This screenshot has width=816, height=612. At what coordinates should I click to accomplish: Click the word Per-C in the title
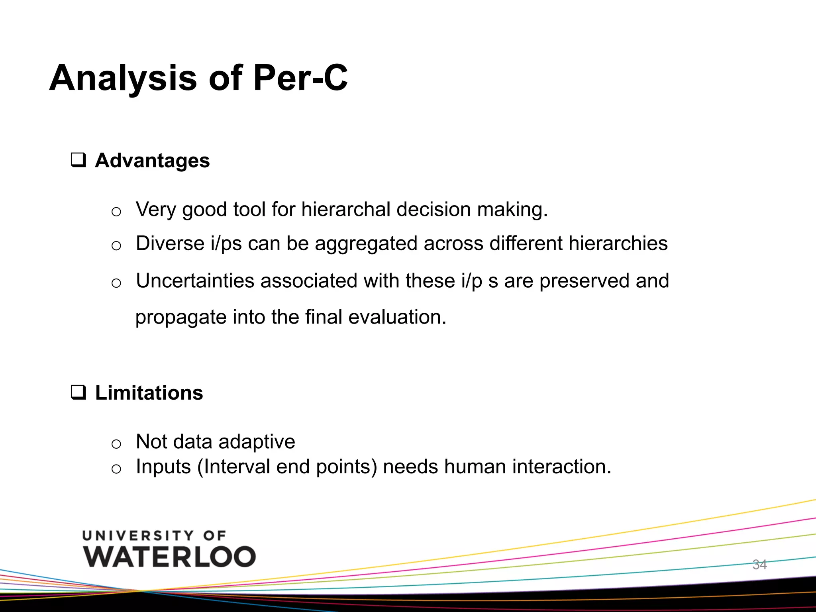(300, 78)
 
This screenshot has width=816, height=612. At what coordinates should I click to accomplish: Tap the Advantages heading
(152, 161)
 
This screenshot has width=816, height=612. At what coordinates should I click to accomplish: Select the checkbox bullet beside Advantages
(78, 160)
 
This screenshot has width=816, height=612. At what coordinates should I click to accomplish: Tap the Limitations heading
(149, 393)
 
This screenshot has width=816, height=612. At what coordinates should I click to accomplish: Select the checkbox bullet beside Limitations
(78, 392)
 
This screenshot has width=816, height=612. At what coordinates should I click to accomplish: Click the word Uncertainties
(195, 280)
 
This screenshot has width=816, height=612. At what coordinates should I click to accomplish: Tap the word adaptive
(257, 441)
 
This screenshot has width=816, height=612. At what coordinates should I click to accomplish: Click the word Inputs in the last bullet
(163, 467)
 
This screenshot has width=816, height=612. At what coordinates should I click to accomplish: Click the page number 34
(759, 565)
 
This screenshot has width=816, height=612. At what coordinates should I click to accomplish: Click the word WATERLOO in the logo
(169, 557)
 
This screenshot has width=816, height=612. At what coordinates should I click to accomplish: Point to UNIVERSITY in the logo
(138, 535)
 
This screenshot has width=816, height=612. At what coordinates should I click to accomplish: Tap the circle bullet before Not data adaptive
(116, 443)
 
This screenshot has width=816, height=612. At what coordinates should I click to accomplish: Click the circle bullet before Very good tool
(116, 212)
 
